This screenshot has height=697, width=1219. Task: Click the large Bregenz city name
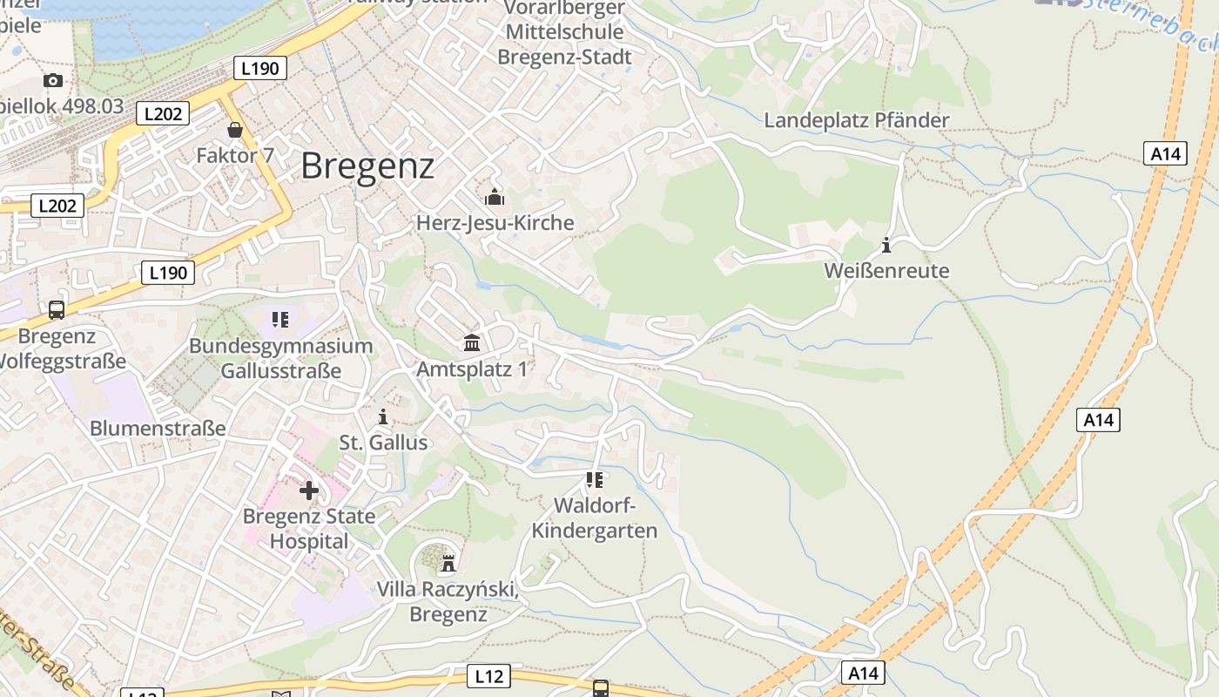pos(367,166)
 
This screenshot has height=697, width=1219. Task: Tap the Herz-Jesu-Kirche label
pos(495,223)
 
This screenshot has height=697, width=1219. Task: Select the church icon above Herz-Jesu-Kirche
pos(495,197)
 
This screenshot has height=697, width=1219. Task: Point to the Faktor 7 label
pos(235,156)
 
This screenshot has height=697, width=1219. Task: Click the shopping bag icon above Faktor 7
pos(235,131)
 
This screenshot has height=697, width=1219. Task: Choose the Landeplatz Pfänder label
pos(856,120)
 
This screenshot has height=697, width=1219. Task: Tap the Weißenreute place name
pos(886,270)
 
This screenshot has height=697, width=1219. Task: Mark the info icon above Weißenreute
pos(886,245)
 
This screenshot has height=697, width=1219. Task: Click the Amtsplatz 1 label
pos(472,369)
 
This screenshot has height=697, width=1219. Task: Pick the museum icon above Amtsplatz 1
pos(472,343)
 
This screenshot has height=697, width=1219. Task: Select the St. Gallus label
pos(383,443)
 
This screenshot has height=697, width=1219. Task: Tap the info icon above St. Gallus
pos(383,417)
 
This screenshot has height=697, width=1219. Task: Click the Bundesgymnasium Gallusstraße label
pos(280,358)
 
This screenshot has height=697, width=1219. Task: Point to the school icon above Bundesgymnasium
pos(279,320)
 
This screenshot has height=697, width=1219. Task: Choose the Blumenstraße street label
pos(158,429)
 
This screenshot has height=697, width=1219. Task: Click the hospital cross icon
pos(308,491)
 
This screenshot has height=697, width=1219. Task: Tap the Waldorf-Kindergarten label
pos(595,518)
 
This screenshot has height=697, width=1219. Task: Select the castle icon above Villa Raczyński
pos(448,564)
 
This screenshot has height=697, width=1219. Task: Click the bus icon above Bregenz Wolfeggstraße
pos(57,309)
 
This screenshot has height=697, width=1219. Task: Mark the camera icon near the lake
pos(53,81)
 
